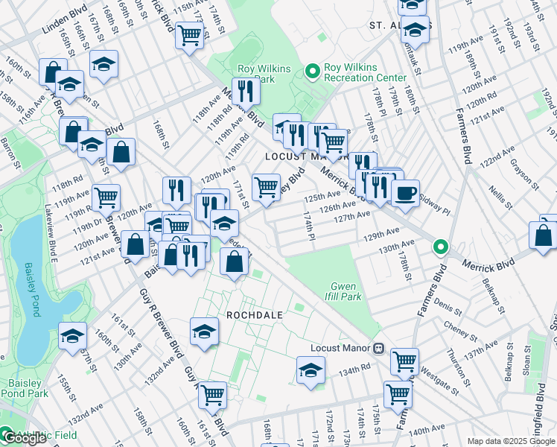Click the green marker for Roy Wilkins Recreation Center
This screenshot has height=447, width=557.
pyautogui.click(x=311, y=72)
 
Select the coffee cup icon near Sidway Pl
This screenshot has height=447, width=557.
pyautogui.click(x=405, y=194)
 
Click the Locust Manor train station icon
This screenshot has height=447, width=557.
pyautogui.click(x=378, y=347)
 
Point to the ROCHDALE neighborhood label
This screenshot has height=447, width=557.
pyautogui.click(x=255, y=315)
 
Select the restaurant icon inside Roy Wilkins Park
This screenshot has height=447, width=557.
pyautogui.click(x=245, y=91)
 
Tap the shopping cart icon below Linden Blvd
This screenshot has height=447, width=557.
pyautogui.click(x=190, y=34)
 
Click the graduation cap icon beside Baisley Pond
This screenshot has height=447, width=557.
pyautogui.click(x=72, y=336)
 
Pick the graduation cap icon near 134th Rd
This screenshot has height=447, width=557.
pyautogui.click(x=311, y=369)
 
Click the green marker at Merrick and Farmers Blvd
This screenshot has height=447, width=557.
pyautogui.click(x=441, y=246)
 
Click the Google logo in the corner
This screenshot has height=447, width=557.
pyautogui.click(x=24, y=439)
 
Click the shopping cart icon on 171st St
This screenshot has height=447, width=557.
pyautogui.click(x=266, y=187)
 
